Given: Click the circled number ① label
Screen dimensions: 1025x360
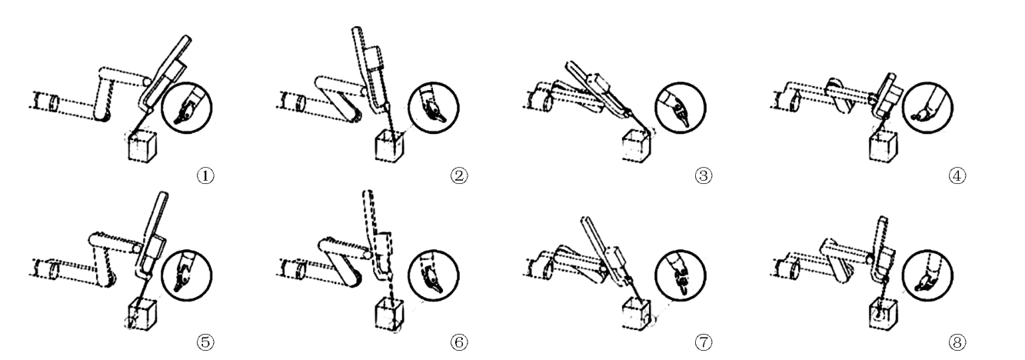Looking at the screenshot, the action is point(205,175).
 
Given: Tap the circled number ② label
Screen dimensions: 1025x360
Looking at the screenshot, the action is point(459,175).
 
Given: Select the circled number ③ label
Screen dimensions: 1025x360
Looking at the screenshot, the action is point(704,175).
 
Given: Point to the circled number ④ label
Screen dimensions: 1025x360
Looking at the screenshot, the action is point(957,175).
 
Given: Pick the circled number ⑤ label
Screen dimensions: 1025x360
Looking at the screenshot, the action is point(205,342).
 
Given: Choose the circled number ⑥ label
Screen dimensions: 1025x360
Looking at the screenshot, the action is point(459,342).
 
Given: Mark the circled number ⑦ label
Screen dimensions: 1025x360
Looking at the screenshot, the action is point(704,342).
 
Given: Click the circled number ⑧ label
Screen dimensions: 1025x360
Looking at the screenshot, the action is point(957,342).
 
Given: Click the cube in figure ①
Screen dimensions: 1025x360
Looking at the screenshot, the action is point(142,146).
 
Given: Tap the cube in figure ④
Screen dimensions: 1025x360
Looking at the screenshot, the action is point(884,146).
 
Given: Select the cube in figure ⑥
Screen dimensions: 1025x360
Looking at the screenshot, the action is point(389,314).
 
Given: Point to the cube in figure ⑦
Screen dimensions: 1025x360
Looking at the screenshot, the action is point(637,314).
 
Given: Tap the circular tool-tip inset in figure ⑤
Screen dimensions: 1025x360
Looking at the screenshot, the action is point(187,275).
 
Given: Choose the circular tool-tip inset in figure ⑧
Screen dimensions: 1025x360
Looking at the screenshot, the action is point(927,275).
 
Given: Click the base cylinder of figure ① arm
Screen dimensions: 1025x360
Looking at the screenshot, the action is point(47,101).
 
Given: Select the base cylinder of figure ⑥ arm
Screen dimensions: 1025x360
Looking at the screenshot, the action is point(293,268).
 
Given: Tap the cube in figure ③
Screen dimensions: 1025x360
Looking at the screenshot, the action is point(637,146).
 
